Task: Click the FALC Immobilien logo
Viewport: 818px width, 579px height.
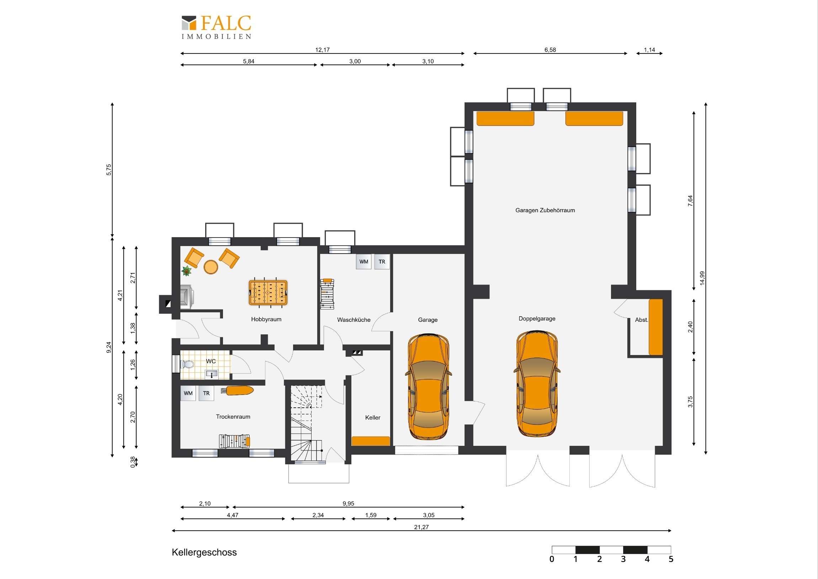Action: coord(216,27)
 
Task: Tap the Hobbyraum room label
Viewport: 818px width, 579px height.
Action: coord(266,319)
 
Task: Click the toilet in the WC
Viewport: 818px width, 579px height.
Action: coord(187,364)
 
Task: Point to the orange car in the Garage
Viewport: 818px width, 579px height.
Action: coord(428,386)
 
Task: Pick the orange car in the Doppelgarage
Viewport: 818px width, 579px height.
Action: coord(537,384)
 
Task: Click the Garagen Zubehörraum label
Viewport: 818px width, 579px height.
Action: coord(545,210)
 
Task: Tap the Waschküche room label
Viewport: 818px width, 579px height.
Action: coord(354,320)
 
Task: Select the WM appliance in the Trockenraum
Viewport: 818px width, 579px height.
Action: coord(188,393)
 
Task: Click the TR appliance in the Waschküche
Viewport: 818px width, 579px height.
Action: coord(382,261)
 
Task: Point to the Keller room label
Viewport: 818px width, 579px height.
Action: coord(373,417)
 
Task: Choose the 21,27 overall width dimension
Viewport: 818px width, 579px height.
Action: coord(421,527)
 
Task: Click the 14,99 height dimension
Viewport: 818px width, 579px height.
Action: coord(702,278)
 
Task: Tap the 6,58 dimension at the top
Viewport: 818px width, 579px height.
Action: coord(550,49)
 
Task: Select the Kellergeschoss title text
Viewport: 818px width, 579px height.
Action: coord(204,552)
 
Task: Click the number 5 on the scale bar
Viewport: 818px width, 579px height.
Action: coord(671,559)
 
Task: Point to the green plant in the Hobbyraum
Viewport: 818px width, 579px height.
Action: coord(186,271)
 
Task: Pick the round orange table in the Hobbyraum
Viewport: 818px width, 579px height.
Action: coord(211,267)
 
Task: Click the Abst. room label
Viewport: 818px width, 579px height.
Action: coord(641,320)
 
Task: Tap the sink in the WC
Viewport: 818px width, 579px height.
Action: coord(212,374)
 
